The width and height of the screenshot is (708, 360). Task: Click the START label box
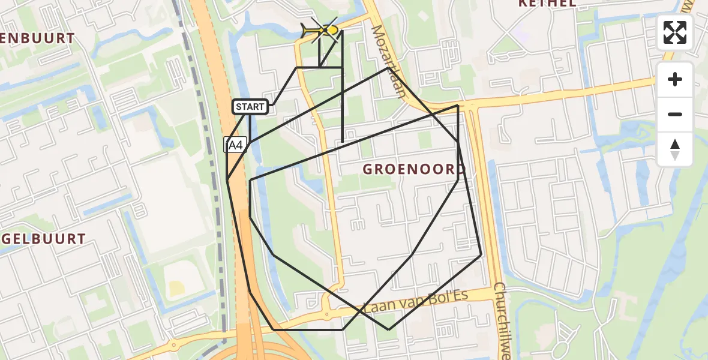click(x=250, y=107)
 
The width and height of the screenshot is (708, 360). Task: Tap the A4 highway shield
click(x=235, y=145)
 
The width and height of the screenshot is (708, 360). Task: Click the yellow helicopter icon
click(x=321, y=29)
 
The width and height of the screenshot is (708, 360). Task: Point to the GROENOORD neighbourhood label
click(x=413, y=169)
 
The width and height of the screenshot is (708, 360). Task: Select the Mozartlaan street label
click(x=388, y=60)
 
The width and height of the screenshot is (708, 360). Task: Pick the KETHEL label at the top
click(x=547, y=4)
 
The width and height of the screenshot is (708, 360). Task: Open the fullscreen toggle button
click(x=675, y=32)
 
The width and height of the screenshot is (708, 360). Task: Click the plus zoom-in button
click(x=675, y=79)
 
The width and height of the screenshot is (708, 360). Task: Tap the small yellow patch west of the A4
click(x=176, y=289)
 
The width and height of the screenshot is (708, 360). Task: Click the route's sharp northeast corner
click(x=458, y=106)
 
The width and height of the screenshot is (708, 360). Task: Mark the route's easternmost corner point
click(x=481, y=255)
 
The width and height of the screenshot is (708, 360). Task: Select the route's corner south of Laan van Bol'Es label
click(x=388, y=329)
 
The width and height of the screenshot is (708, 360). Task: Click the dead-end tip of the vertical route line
click(x=342, y=142)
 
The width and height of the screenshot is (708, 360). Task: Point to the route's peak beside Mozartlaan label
click(x=388, y=68)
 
